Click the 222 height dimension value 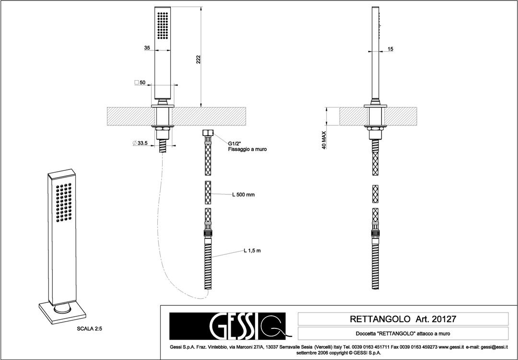click(198, 59)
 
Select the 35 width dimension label click(147, 48)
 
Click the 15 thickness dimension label click(390, 49)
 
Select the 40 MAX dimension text click(325, 141)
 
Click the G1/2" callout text click(235, 143)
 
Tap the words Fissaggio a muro click(247, 149)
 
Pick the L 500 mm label click(243, 195)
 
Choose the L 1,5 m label click(251, 251)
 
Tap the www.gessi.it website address click(451, 347)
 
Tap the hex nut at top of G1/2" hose click(209, 133)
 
